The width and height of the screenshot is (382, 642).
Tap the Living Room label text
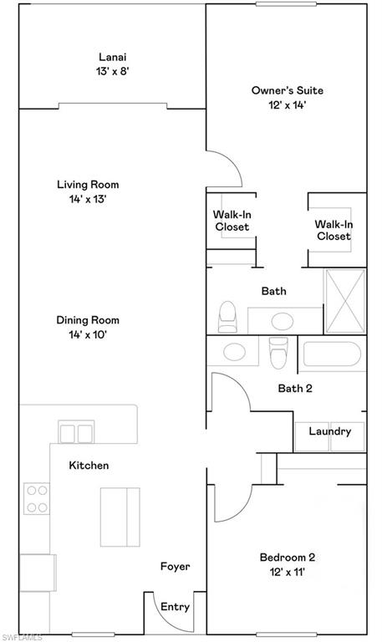[88, 185]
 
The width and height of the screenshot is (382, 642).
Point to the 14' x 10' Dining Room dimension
[88, 334]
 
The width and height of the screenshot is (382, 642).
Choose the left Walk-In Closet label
[232, 221]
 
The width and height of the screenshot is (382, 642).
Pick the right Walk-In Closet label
[333, 230]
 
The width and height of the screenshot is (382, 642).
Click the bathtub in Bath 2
[334, 355]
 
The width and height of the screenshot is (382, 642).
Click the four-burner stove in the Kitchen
[37, 499]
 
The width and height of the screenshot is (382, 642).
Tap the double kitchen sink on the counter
[76, 432]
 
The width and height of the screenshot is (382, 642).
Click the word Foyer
[175, 567]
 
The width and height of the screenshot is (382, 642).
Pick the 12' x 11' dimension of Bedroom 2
[287, 573]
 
